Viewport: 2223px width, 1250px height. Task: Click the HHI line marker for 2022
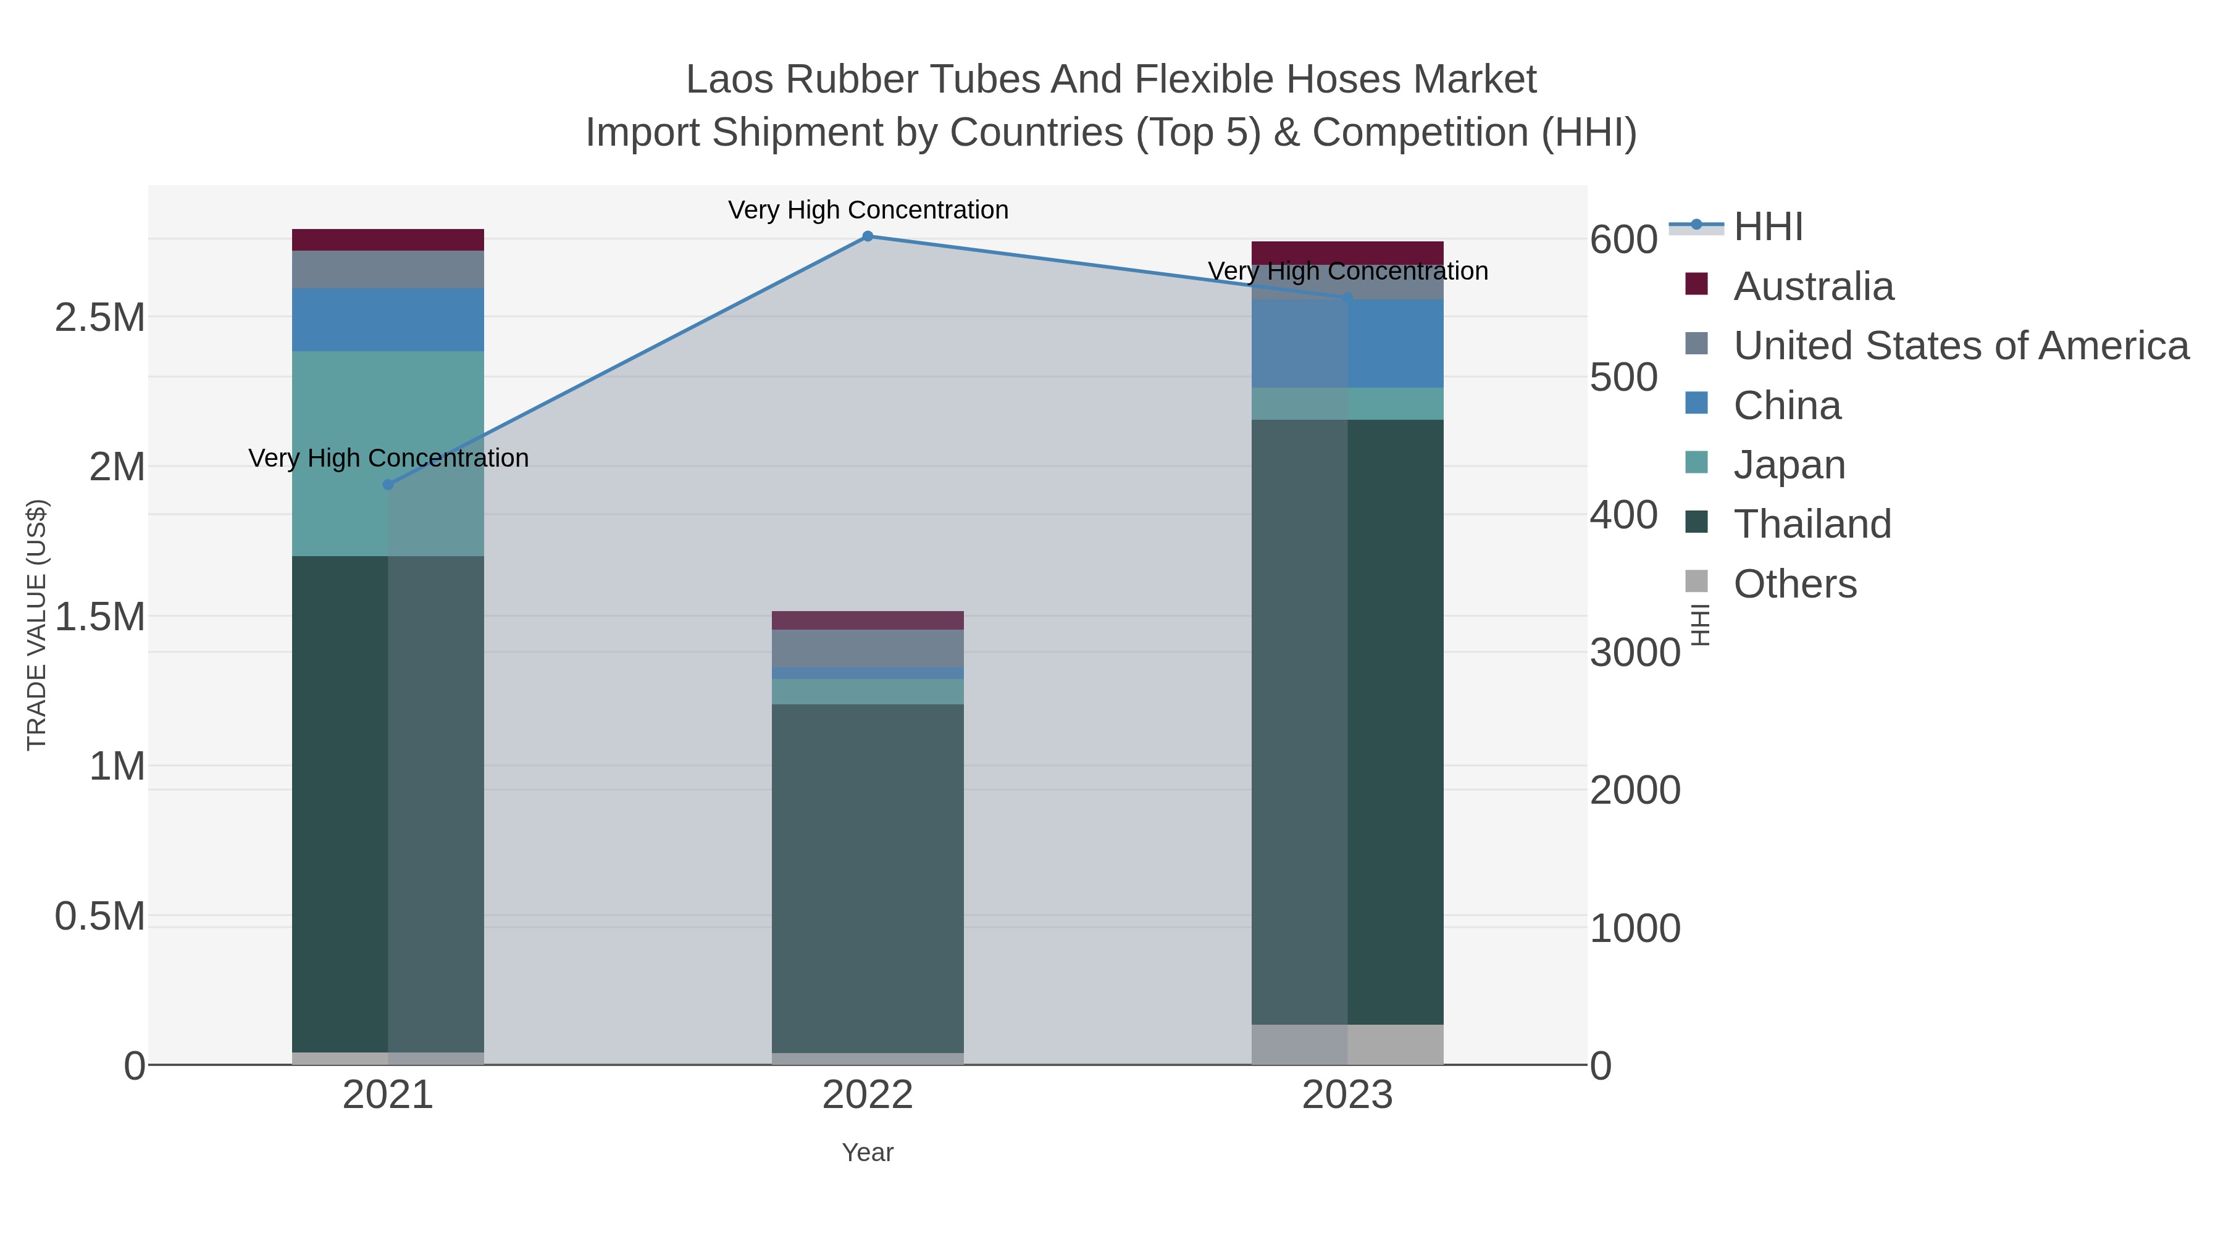(x=868, y=236)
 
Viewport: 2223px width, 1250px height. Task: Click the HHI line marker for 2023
(x=1347, y=299)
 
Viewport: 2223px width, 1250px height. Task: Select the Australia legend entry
(x=1813, y=286)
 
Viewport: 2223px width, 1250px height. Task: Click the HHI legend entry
(x=1767, y=227)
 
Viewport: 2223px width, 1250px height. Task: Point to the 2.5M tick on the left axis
(x=99, y=317)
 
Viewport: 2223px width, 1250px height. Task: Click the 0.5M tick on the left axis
(x=99, y=916)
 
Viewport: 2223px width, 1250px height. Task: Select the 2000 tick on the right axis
(x=1635, y=790)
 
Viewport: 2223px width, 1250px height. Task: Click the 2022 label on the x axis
(x=868, y=1096)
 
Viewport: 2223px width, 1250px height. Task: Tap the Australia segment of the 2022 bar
(x=868, y=620)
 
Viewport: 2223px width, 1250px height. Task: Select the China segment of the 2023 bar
(x=1347, y=343)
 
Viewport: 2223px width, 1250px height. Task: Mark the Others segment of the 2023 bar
(x=1347, y=1044)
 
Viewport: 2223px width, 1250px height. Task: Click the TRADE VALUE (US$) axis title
(x=36, y=625)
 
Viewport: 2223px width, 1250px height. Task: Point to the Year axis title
(x=868, y=1152)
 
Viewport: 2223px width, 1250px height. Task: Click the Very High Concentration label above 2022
(x=868, y=210)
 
